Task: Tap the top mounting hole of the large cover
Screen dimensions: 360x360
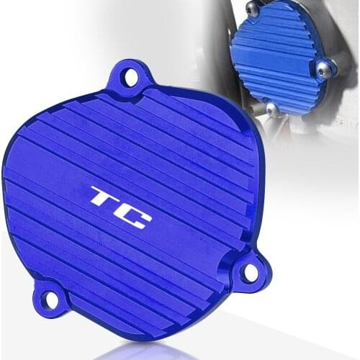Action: [130, 74]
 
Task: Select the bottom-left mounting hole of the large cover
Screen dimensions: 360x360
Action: [49, 300]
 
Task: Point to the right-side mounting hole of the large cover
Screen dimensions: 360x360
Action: [248, 272]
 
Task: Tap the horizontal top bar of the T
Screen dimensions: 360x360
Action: [104, 192]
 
